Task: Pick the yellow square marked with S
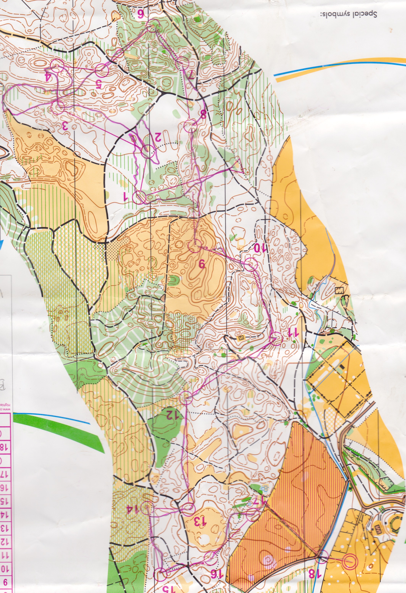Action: point(241,338)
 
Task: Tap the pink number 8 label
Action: point(203,114)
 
